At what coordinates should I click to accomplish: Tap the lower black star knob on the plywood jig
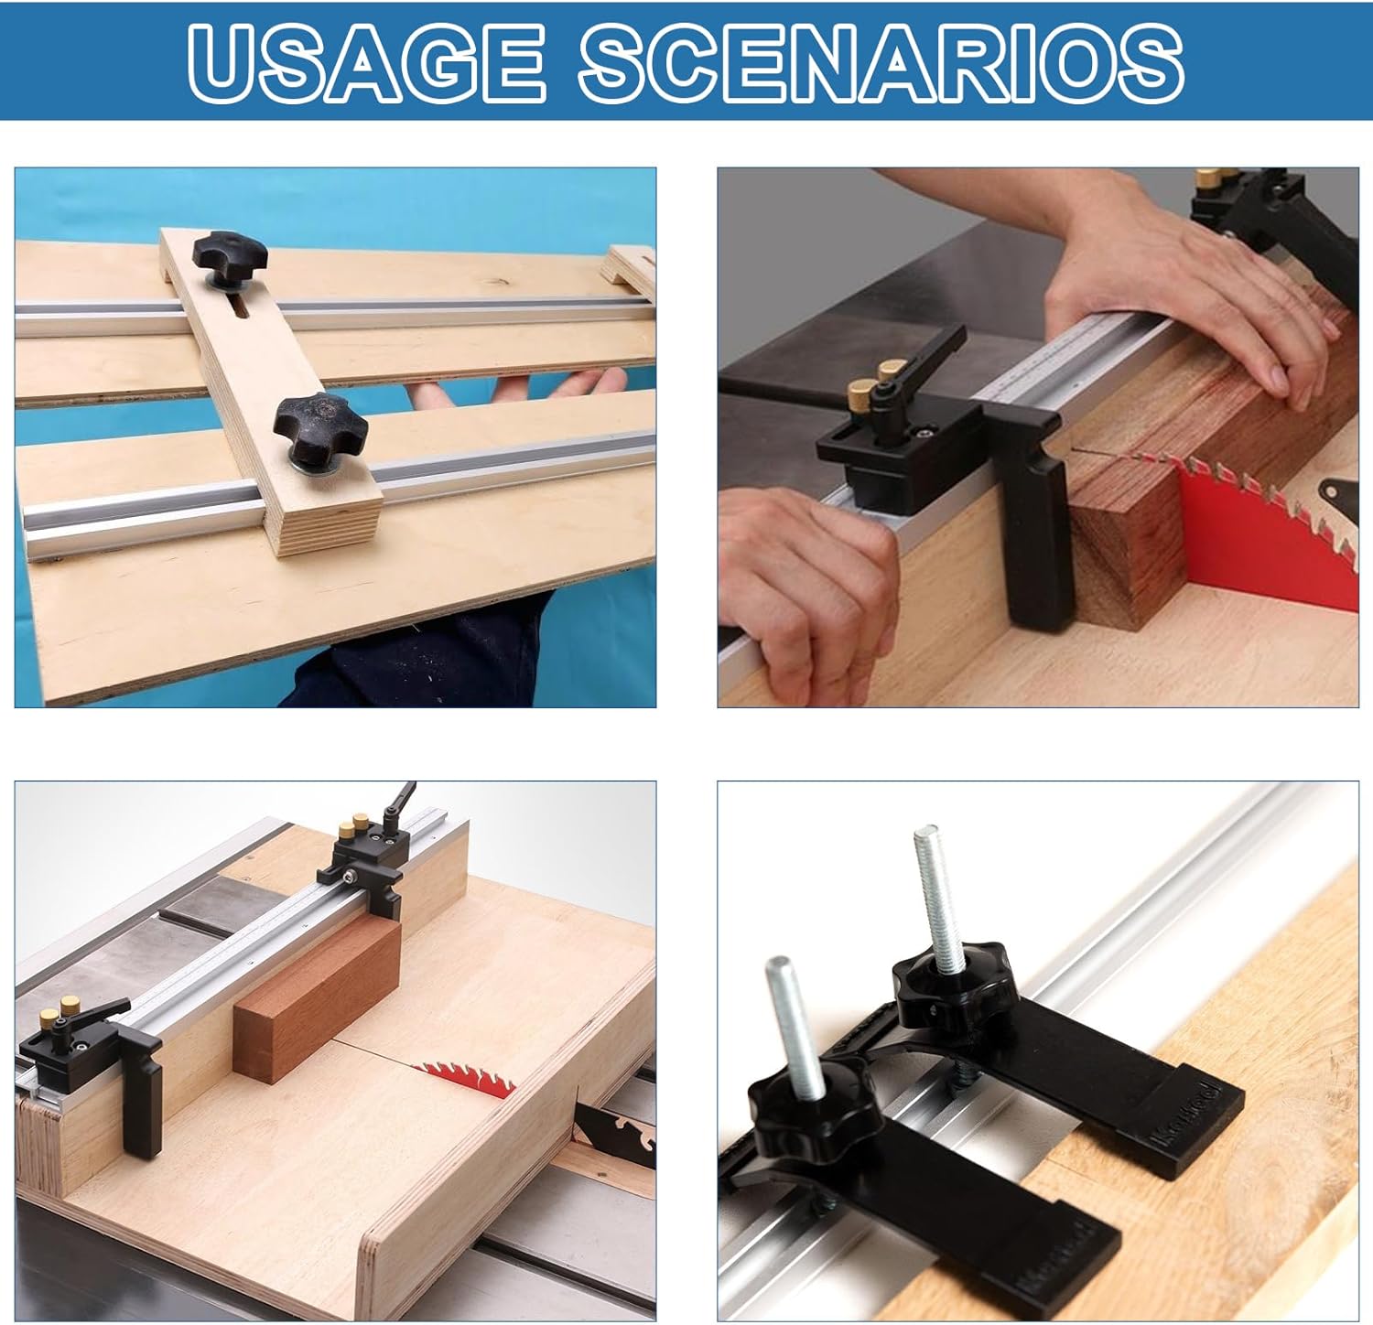(x=319, y=429)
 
